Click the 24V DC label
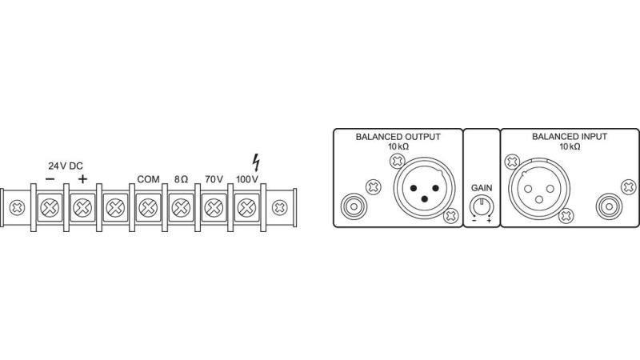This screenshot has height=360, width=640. (x=66, y=166)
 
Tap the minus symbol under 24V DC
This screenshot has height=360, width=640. (x=50, y=180)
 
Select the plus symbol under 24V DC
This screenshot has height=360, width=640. (x=82, y=180)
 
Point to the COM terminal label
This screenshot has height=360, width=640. (x=148, y=180)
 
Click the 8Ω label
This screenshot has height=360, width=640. (x=181, y=180)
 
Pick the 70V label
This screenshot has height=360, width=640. (x=214, y=180)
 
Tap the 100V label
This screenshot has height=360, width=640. (x=247, y=180)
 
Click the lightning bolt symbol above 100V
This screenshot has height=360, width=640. (x=256, y=162)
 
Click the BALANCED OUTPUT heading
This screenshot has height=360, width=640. (x=398, y=137)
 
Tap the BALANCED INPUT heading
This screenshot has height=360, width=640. (x=570, y=137)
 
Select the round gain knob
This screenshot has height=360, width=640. (x=482, y=206)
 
